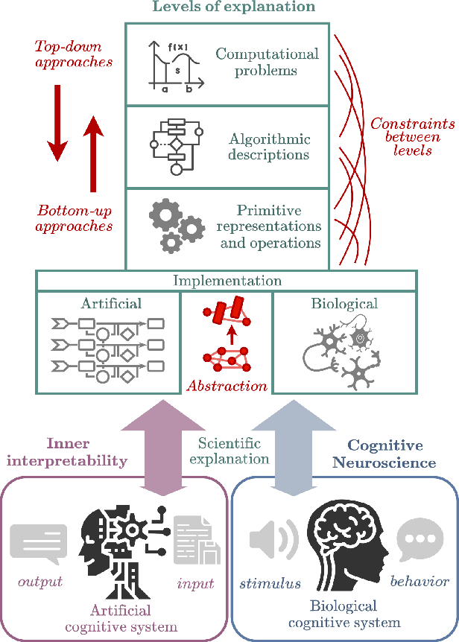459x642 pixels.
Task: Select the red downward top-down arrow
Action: pos(58,123)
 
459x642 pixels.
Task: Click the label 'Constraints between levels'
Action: pos(407,138)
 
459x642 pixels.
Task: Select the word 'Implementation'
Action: pos(227,281)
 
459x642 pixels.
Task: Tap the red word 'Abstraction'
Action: pos(227,386)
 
